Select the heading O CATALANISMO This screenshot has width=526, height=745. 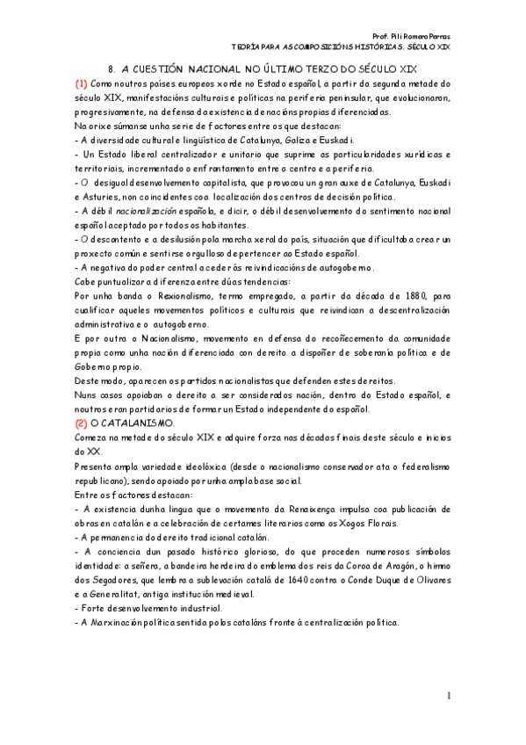(132, 423)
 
